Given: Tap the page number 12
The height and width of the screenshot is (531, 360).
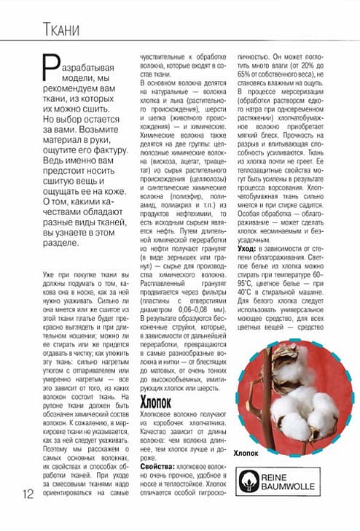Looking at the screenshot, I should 28,494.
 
